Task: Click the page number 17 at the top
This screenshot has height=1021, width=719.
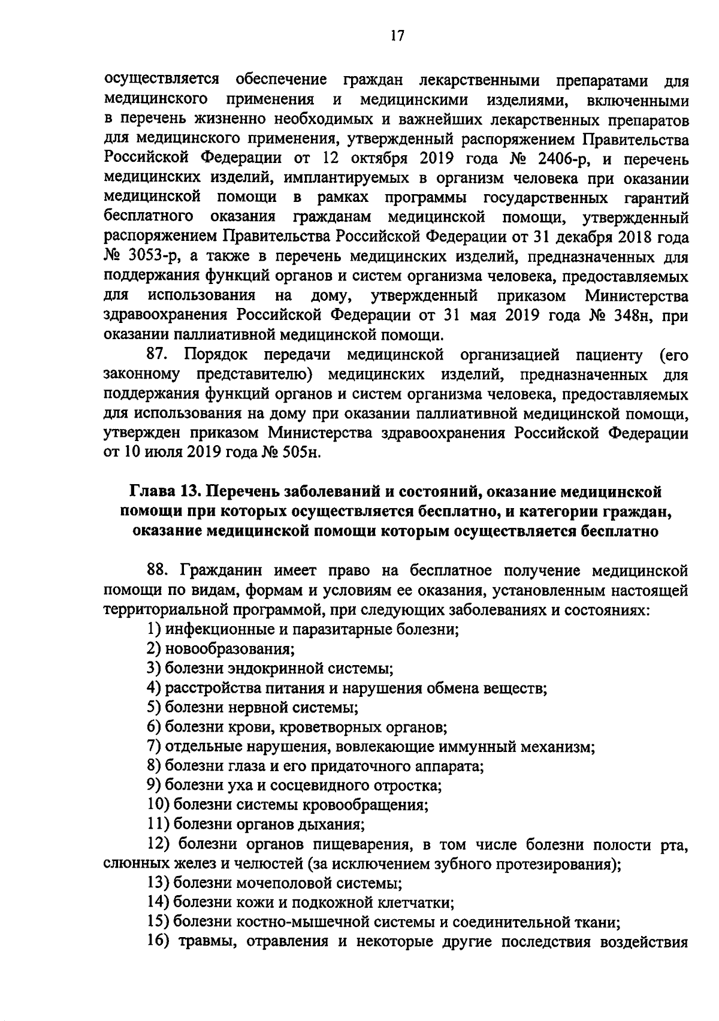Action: coord(395,37)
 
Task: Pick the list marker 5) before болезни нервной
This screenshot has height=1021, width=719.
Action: coord(155,707)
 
